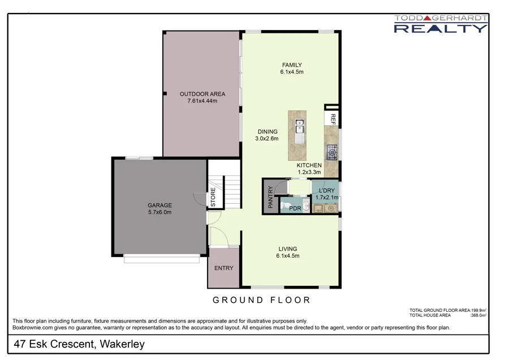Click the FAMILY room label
(x=292, y=65)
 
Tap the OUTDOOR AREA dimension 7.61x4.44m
(x=202, y=101)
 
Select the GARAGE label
(x=159, y=205)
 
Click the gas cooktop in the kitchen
(x=332, y=151)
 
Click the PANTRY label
(x=270, y=197)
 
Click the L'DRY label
(x=326, y=190)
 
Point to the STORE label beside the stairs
(x=213, y=197)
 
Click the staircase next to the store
(x=232, y=192)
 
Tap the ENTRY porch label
(x=223, y=268)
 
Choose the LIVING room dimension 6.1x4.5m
(x=287, y=256)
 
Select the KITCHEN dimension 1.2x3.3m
(x=309, y=172)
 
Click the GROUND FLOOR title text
(x=261, y=299)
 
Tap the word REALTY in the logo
(x=440, y=27)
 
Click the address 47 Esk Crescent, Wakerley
(x=79, y=344)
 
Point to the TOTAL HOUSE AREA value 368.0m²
(x=478, y=315)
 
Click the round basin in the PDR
(x=305, y=208)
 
